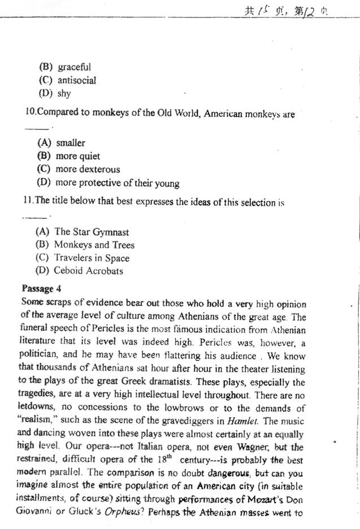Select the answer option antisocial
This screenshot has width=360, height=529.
(x=77, y=80)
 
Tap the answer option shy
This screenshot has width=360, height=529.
(x=64, y=93)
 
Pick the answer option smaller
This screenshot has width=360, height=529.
(x=70, y=143)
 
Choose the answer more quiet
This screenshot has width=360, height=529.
(x=77, y=156)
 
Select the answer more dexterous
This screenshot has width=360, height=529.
(x=88, y=169)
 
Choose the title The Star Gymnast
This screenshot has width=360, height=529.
(x=92, y=232)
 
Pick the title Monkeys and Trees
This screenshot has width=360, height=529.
(x=94, y=245)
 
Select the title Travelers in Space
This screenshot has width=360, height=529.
(x=92, y=258)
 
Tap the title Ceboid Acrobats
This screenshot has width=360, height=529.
(x=88, y=271)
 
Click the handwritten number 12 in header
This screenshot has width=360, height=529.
(x=310, y=10)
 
